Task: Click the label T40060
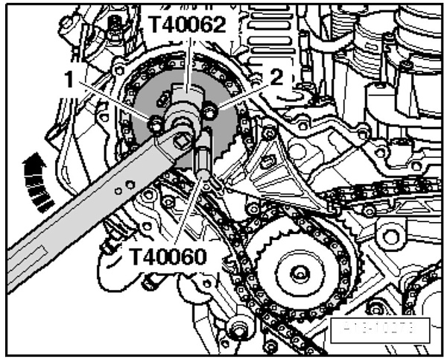176,256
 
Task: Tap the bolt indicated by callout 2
211,113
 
